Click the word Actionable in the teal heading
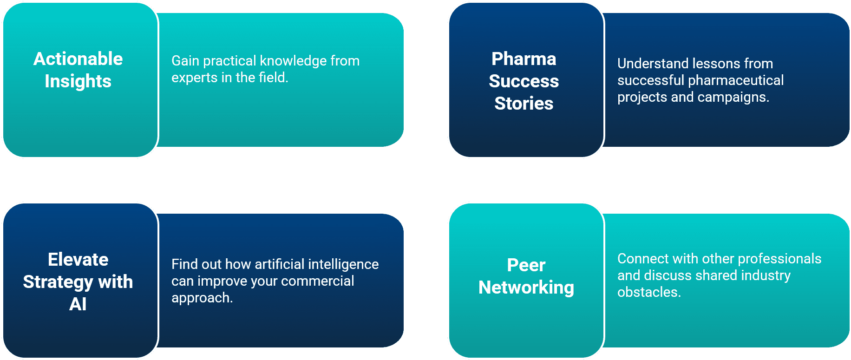click(x=78, y=59)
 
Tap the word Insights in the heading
click(x=78, y=81)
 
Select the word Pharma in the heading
click(x=524, y=59)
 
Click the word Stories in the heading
click(x=524, y=103)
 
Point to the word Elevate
click(x=78, y=259)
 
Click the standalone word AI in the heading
click(x=78, y=304)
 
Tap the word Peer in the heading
click(x=526, y=265)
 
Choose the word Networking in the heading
click(x=526, y=287)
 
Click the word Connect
click(x=643, y=259)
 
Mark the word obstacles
click(x=648, y=292)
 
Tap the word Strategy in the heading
click(x=58, y=281)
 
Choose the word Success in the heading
click(x=524, y=81)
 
